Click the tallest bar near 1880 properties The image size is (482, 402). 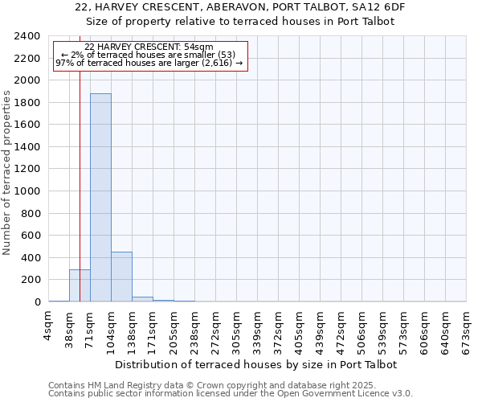point(100,197)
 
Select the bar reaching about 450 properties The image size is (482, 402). point(121,277)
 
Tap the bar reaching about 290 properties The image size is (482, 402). point(80,285)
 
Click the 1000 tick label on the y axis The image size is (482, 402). point(27,191)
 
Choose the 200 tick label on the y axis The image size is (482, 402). point(31,280)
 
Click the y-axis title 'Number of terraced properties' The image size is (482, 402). point(7,172)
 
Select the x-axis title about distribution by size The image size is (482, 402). point(256,364)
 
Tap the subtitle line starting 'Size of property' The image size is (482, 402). point(240,22)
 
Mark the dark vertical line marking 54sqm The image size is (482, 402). point(80,161)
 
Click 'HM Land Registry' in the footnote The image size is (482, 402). point(106,385)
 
